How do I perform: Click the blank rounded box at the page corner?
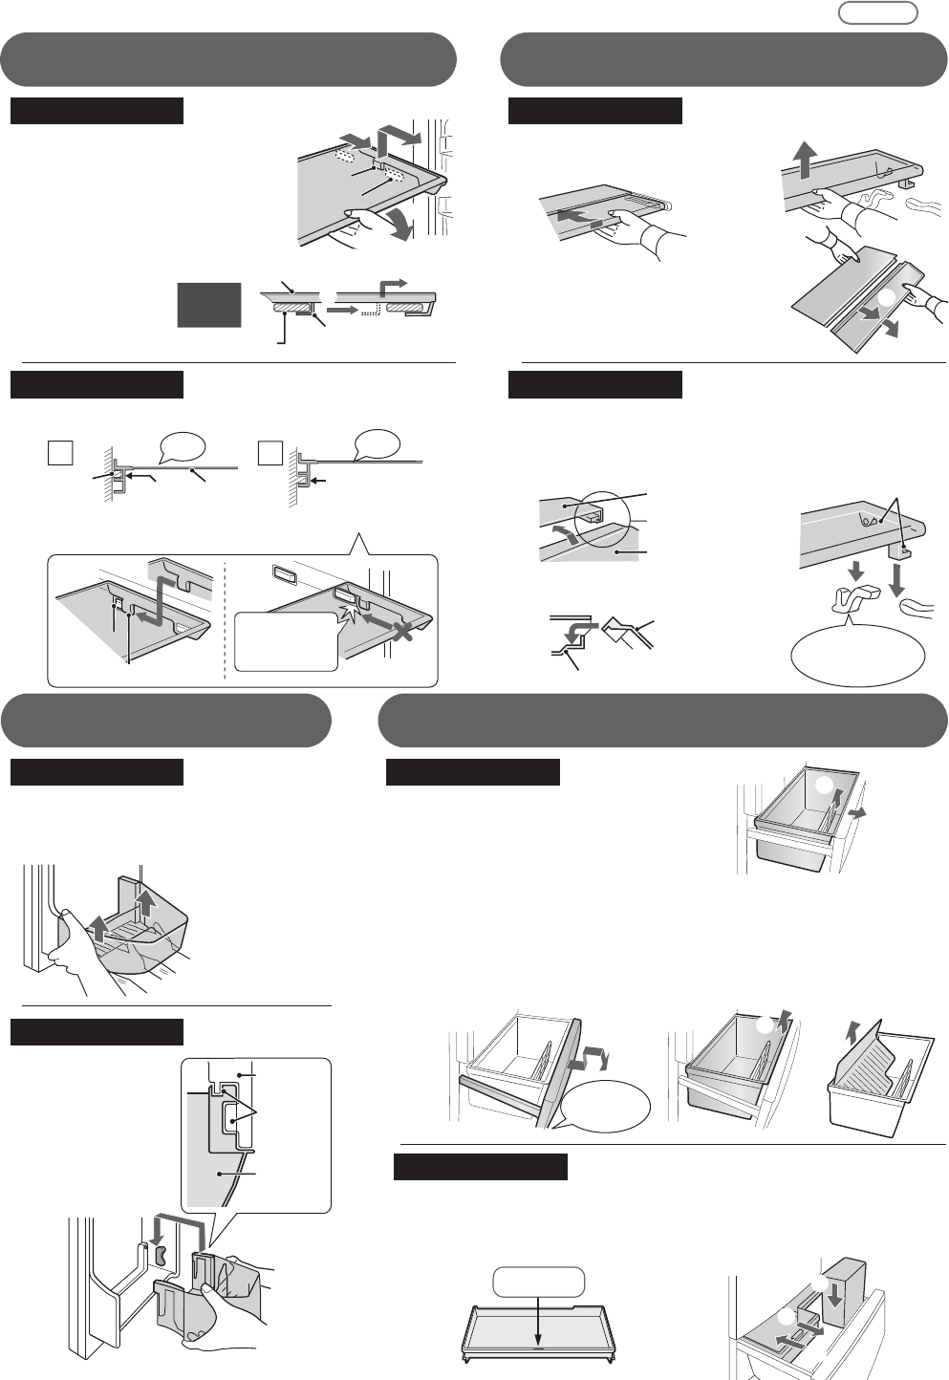(877, 12)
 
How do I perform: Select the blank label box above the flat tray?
(539, 1281)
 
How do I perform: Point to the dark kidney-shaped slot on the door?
(161, 1253)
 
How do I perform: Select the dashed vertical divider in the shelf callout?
(225, 616)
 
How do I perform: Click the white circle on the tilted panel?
(886, 297)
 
